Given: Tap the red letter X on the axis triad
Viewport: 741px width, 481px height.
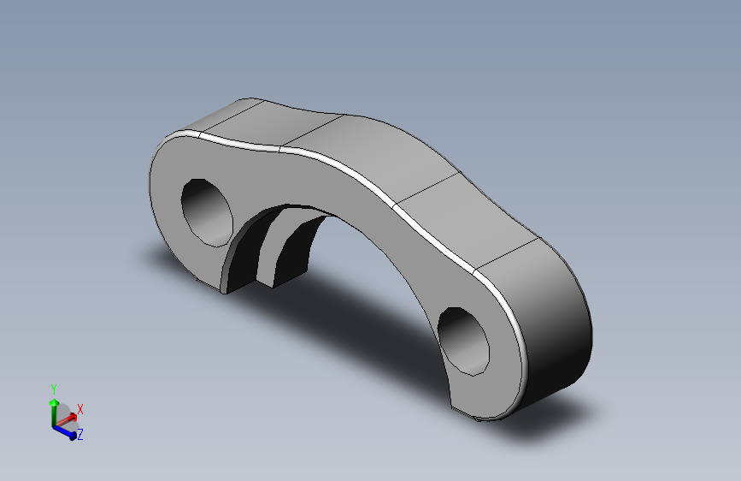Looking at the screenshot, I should [80, 409].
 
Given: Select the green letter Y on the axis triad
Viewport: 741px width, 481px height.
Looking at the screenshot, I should [54, 389].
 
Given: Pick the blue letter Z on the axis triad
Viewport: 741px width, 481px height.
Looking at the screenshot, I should [79, 435].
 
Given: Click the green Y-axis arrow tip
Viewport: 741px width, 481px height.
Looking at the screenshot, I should [54, 401].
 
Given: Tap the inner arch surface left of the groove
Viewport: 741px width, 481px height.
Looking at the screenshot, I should [243, 252].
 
